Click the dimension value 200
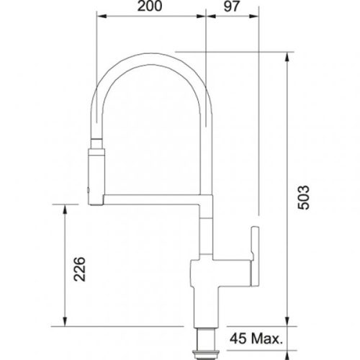click(150, 8)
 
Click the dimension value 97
click(232, 8)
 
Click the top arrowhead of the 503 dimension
click(289, 56)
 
